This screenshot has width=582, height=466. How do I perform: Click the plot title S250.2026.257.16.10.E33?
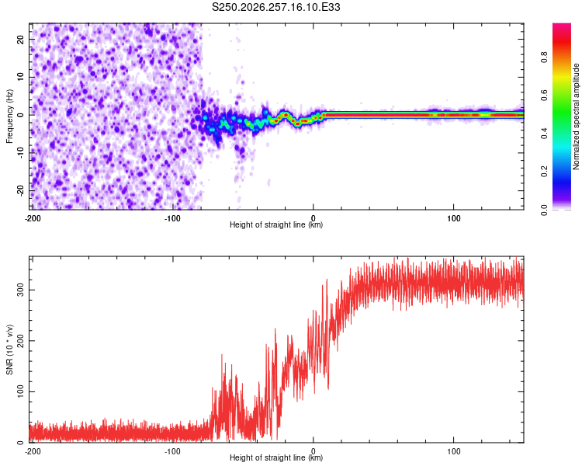[275, 7]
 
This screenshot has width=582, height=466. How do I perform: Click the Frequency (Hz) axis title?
[9, 116]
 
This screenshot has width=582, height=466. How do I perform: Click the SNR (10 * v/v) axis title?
[9, 349]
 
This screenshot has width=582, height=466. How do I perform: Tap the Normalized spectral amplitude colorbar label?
[576, 116]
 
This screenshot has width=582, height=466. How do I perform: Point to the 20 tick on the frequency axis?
[20, 39]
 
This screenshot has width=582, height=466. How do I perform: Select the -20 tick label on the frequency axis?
[20, 190]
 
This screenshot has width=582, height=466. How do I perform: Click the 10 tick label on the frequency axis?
[20, 77]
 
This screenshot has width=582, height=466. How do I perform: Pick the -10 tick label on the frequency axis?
[20, 153]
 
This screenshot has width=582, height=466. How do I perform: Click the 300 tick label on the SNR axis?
[20, 290]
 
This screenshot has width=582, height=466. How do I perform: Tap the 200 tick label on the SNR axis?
[20, 341]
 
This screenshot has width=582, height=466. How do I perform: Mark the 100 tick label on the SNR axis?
[20, 391]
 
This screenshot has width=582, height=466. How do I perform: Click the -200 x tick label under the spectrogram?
[33, 218]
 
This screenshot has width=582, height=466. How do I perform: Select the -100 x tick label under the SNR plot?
[172, 451]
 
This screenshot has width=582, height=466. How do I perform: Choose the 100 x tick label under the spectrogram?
[454, 218]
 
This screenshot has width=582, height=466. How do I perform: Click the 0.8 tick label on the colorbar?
[544, 57]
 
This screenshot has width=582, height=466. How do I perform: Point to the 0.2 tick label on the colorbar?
[544, 172]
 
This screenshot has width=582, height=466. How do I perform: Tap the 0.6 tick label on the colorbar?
[544, 96]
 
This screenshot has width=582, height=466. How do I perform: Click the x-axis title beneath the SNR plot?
[276, 457]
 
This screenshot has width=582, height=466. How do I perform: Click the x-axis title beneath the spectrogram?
[276, 224]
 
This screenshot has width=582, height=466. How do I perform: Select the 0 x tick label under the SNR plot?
[314, 451]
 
